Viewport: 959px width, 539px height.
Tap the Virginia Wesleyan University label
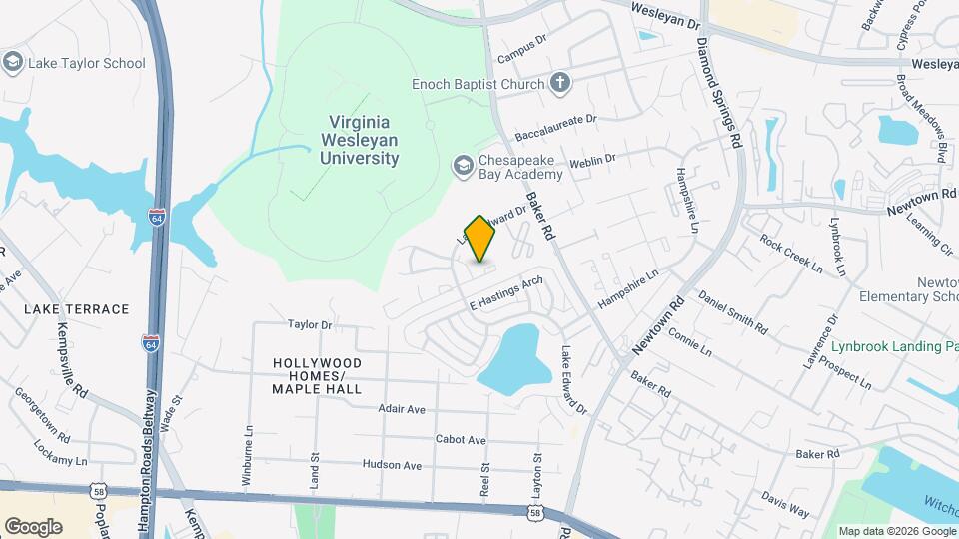(x=360, y=140)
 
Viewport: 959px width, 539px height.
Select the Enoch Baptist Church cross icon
(x=560, y=83)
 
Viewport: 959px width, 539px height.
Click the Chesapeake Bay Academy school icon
(x=463, y=164)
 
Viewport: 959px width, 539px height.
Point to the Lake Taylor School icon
(x=13, y=63)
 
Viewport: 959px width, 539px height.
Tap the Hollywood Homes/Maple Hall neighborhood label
(x=316, y=375)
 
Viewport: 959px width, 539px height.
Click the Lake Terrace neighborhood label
(x=77, y=309)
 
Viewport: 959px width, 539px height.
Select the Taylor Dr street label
(x=309, y=324)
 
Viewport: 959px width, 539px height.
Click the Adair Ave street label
(x=402, y=409)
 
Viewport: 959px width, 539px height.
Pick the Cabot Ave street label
(x=461, y=440)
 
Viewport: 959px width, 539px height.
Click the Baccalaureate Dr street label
(x=555, y=125)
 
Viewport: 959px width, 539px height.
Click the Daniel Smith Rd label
(x=732, y=313)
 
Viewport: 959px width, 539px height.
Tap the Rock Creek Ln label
(x=790, y=254)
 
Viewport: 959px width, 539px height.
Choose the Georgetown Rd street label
(x=41, y=416)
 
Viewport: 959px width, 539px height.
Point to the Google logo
(x=33, y=526)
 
